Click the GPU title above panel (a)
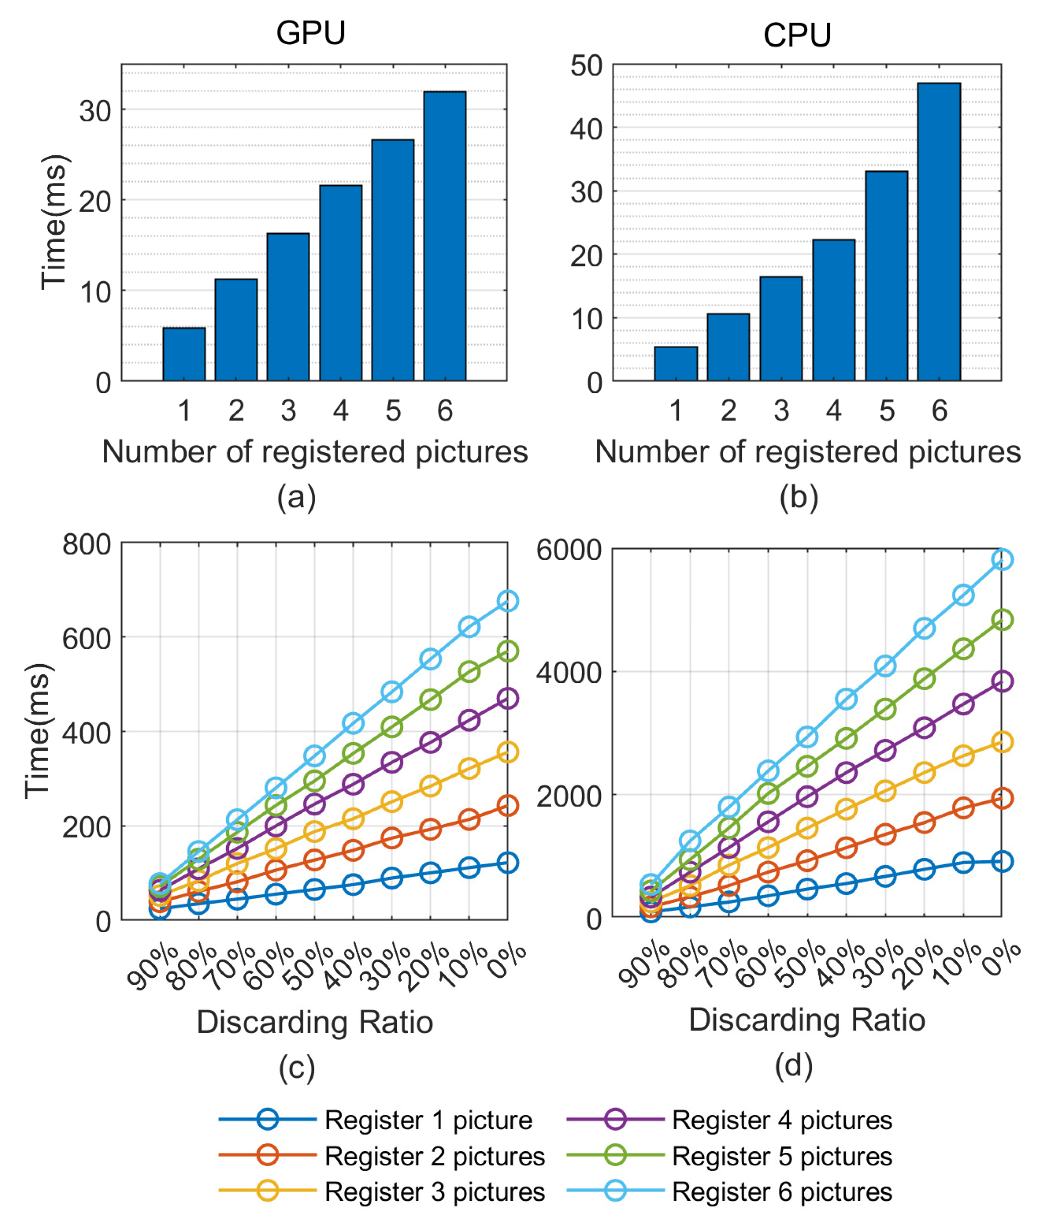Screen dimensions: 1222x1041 [310, 33]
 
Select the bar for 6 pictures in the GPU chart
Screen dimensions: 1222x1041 [444, 236]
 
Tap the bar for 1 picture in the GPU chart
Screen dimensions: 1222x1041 [184, 354]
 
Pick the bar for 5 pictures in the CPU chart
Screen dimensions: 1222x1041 [886, 276]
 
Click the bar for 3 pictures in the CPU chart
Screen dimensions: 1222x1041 [781, 328]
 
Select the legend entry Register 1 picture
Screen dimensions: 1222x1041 [428, 1120]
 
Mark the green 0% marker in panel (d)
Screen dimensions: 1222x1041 [1002, 620]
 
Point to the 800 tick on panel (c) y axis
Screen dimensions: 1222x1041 [87, 544]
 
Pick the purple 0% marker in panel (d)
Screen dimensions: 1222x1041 [1002, 681]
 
